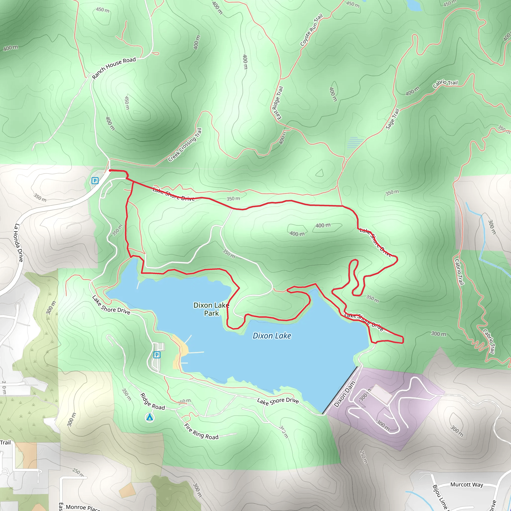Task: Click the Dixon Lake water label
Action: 272,336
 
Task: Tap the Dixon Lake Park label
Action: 211,309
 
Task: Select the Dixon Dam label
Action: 344,394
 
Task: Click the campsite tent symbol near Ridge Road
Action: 150,417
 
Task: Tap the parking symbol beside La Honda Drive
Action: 95,181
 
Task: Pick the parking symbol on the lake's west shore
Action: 157,355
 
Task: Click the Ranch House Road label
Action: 114,68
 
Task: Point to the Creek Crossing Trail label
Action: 185,145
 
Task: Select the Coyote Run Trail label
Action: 311,30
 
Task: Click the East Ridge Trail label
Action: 278,103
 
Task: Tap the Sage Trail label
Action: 392,119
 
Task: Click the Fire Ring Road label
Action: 201,431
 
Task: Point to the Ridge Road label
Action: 152,401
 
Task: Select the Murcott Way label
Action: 467,484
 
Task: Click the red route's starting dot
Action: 110,170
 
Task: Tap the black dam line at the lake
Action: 340,390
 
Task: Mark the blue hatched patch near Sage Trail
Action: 355,143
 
